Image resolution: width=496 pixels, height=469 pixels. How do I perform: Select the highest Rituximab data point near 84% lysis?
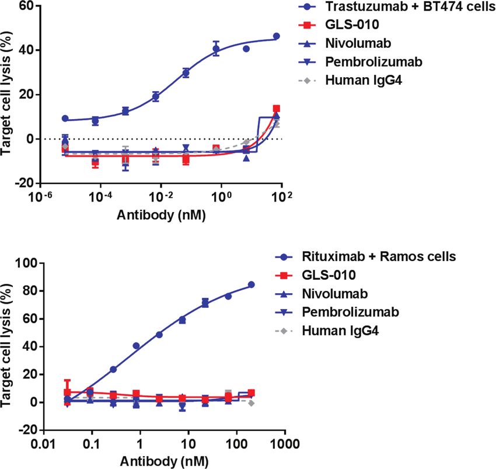[252, 284]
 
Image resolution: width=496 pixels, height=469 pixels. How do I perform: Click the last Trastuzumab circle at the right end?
[277, 36]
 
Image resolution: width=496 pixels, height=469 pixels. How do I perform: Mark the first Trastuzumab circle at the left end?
[65, 119]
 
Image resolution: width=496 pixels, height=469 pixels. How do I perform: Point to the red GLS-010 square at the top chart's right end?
[277, 109]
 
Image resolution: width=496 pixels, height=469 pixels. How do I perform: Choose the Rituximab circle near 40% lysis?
[136, 346]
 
